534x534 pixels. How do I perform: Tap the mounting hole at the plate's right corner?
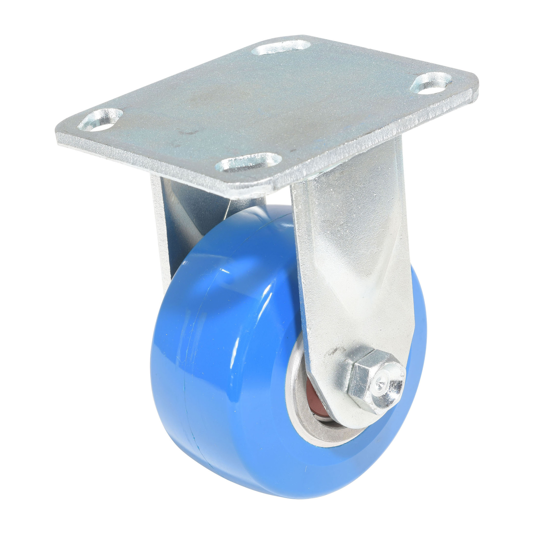click(431, 83)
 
